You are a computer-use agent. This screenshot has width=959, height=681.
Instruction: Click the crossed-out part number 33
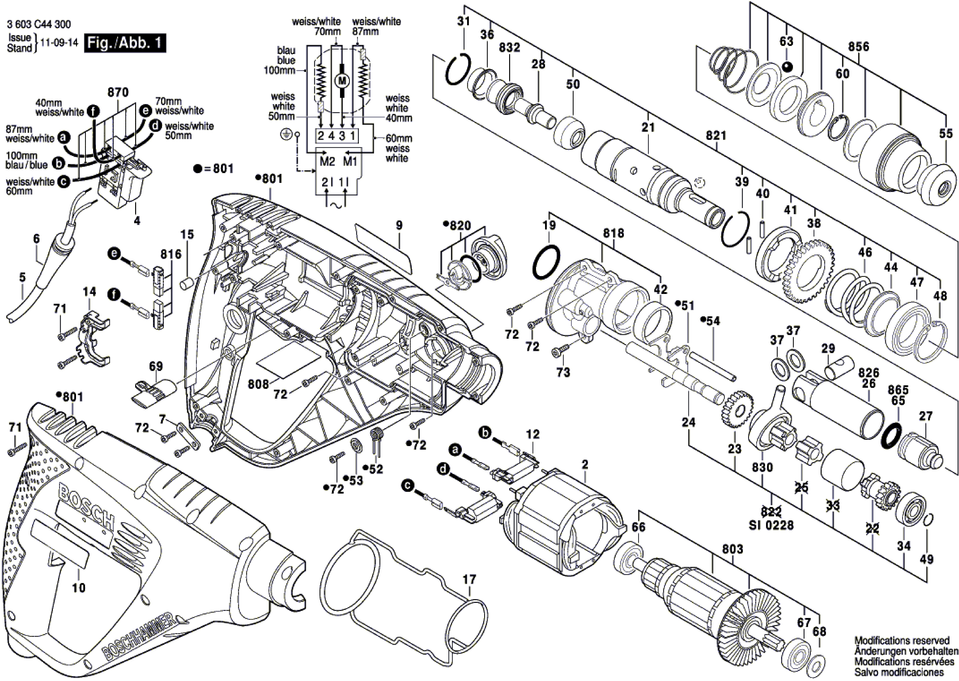(x=833, y=506)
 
